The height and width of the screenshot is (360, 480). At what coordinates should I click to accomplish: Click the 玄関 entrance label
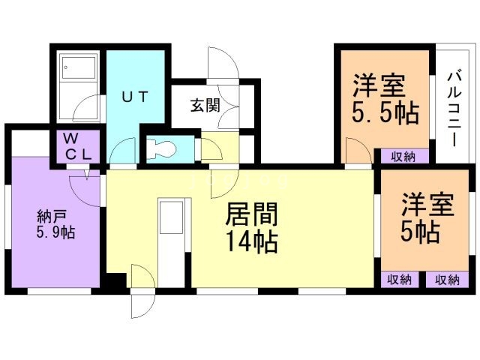pos(204,105)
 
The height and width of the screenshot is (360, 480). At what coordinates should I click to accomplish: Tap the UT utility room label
pos(135,95)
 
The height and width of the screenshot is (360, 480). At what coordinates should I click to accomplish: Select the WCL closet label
pos(76,147)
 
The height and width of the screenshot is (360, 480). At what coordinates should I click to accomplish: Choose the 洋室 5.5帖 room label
pos(385,100)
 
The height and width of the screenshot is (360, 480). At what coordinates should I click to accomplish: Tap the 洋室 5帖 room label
pos(428,218)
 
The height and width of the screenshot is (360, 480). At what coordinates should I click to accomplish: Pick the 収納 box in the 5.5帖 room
pos(402,156)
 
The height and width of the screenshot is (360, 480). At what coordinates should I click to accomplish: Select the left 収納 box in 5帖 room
pos(400,280)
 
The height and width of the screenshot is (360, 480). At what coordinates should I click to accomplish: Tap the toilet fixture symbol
pos(160,148)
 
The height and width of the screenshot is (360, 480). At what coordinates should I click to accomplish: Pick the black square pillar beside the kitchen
pos(115,281)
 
